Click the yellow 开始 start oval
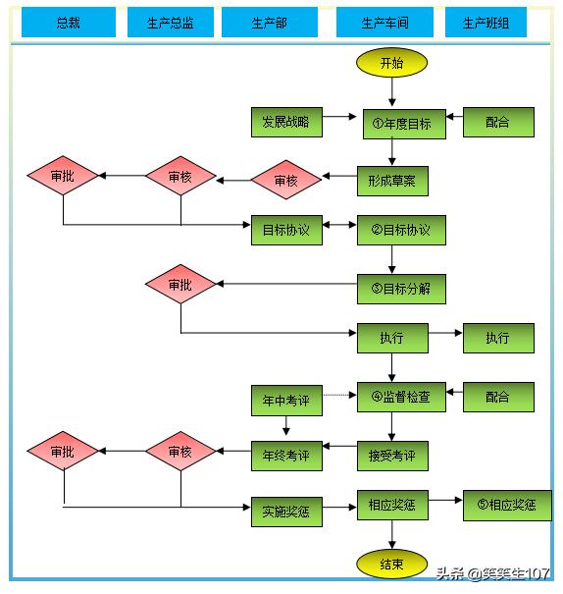click(391, 63)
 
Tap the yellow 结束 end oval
click(391, 565)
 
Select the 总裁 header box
click(69, 23)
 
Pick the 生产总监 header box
click(171, 23)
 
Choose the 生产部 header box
click(270, 23)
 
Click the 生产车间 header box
click(384, 23)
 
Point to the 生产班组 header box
click(486, 23)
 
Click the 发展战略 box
click(286, 122)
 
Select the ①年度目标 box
click(404, 124)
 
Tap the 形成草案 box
click(392, 181)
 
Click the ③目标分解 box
click(401, 289)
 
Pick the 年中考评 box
click(286, 401)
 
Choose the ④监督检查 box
click(401, 397)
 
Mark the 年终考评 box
click(286, 457)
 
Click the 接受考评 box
click(392, 457)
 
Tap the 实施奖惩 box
click(286, 512)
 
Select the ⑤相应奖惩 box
click(507, 506)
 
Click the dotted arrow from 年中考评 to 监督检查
click(339, 395)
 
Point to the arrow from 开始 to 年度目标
click(392, 91)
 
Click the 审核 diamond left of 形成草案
click(286, 180)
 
